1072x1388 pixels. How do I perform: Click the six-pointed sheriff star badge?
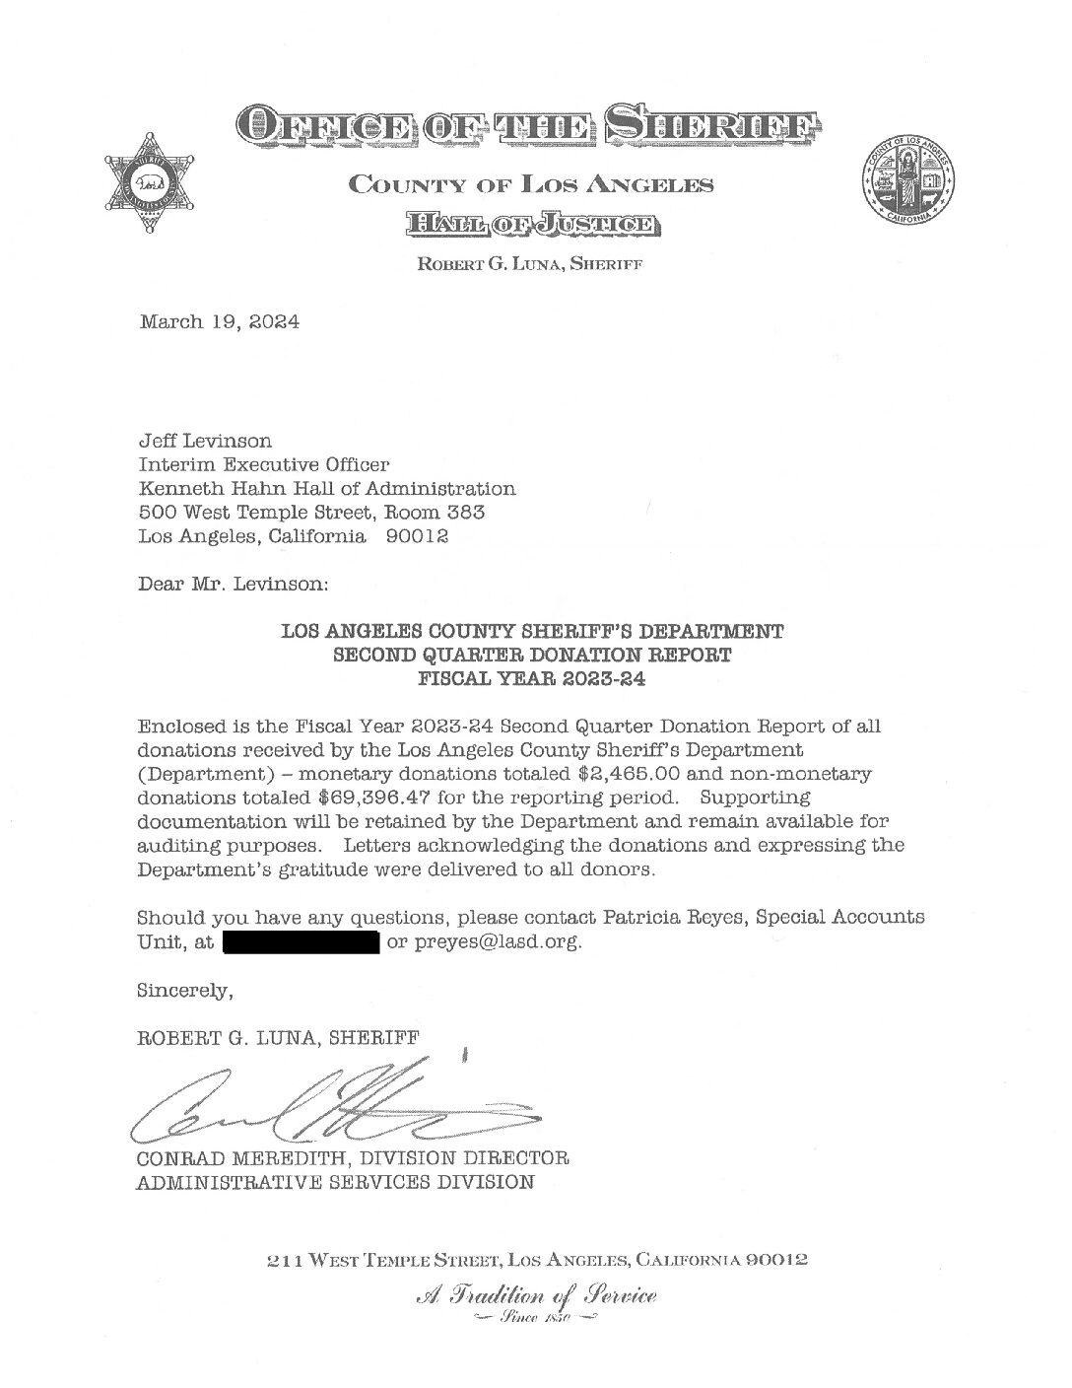150,182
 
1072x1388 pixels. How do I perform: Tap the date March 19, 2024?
220,322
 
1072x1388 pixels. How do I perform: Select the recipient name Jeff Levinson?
205,441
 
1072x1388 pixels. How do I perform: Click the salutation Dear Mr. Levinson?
233,584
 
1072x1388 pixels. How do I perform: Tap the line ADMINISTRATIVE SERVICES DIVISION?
335,1181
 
